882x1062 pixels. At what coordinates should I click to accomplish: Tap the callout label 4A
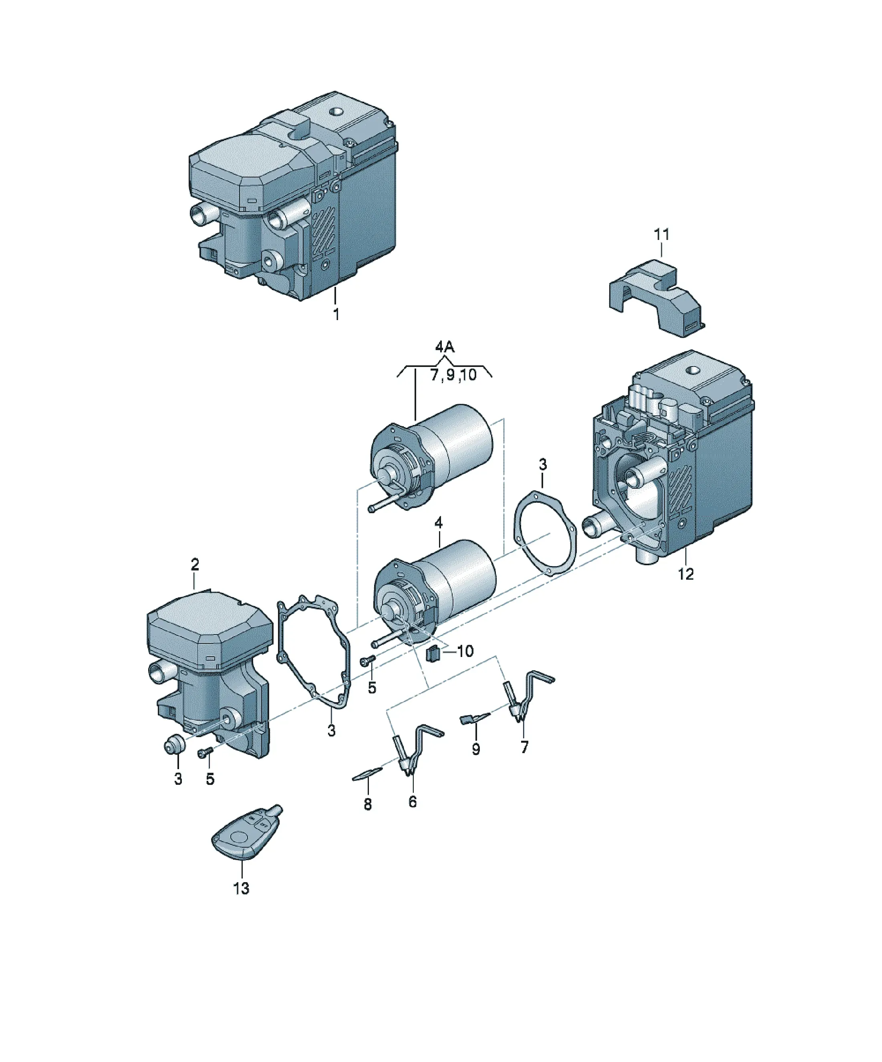click(x=445, y=347)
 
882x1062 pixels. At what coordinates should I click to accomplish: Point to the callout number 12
click(x=686, y=574)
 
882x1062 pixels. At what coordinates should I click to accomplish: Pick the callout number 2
click(x=195, y=564)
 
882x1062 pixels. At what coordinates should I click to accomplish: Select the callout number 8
click(x=368, y=804)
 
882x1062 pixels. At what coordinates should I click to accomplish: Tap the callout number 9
click(x=475, y=749)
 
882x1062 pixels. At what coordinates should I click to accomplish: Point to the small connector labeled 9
click(x=474, y=718)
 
